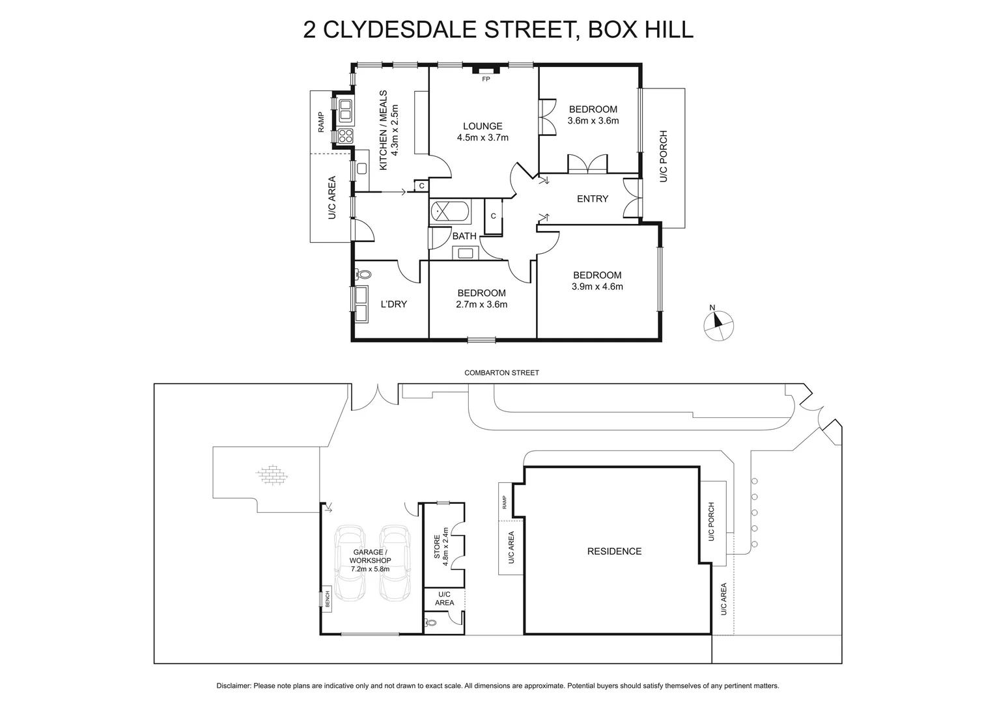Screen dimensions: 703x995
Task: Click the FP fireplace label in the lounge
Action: click(485, 79)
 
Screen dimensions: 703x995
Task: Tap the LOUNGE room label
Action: click(483, 126)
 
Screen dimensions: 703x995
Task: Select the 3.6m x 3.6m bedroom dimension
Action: click(593, 120)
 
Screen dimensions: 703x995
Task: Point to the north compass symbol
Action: click(719, 324)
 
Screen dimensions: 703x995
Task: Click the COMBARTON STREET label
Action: click(501, 373)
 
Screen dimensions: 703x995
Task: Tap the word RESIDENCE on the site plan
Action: click(614, 551)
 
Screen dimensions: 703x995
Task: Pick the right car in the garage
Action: click(395, 563)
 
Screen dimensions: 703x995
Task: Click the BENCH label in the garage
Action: click(327, 598)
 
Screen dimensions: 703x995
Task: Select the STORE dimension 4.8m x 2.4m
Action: click(446, 544)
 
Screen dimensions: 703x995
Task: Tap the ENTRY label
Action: click(593, 199)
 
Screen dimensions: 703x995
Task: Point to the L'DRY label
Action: click(394, 304)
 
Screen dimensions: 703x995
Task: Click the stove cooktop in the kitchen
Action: click(345, 136)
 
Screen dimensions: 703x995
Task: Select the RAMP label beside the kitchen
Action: click(321, 122)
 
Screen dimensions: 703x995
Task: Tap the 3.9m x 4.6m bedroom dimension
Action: click(597, 286)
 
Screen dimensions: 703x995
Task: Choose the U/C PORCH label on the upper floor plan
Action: click(664, 157)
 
